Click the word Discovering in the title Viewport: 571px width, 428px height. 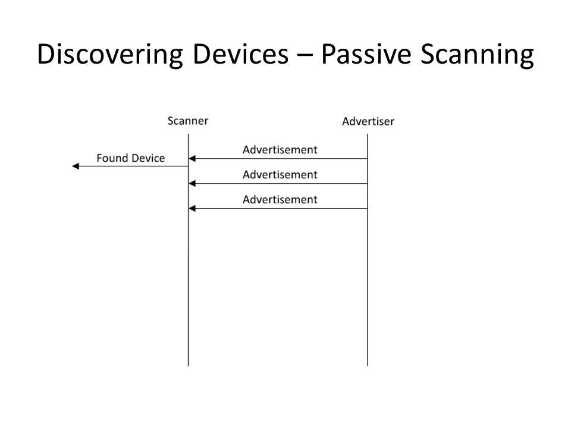[x=110, y=55]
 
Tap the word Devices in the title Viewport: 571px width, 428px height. [x=240, y=54]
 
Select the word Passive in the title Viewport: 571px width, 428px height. [x=366, y=54]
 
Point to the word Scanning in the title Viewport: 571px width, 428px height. [x=478, y=55]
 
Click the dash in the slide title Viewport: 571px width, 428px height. [x=305, y=55]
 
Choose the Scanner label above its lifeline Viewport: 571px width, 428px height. [x=188, y=121]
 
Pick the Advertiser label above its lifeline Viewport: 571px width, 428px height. [x=368, y=121]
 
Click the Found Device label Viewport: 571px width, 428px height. [x=131, y=158]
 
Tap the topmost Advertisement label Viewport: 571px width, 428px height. [x=280, y=150]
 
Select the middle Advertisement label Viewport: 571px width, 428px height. [x=280, y=175]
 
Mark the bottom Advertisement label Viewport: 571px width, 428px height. [x=280, y=200]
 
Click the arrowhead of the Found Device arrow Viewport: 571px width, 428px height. [x=76, y=166]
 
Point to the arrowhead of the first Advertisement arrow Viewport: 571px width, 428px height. [x=192, y=158]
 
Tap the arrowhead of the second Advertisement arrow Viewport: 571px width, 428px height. [x=192, y=184]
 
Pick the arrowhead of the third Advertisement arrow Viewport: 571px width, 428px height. [x=192, y=208]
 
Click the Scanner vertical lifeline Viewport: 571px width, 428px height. [x=189, y=250]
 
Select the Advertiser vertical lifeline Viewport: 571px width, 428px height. [x=368, y=250]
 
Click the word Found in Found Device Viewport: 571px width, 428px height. [x=111, y=158]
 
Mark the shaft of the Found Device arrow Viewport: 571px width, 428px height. [x=130, y=166]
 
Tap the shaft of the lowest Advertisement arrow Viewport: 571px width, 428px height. [x=278, y=208]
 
